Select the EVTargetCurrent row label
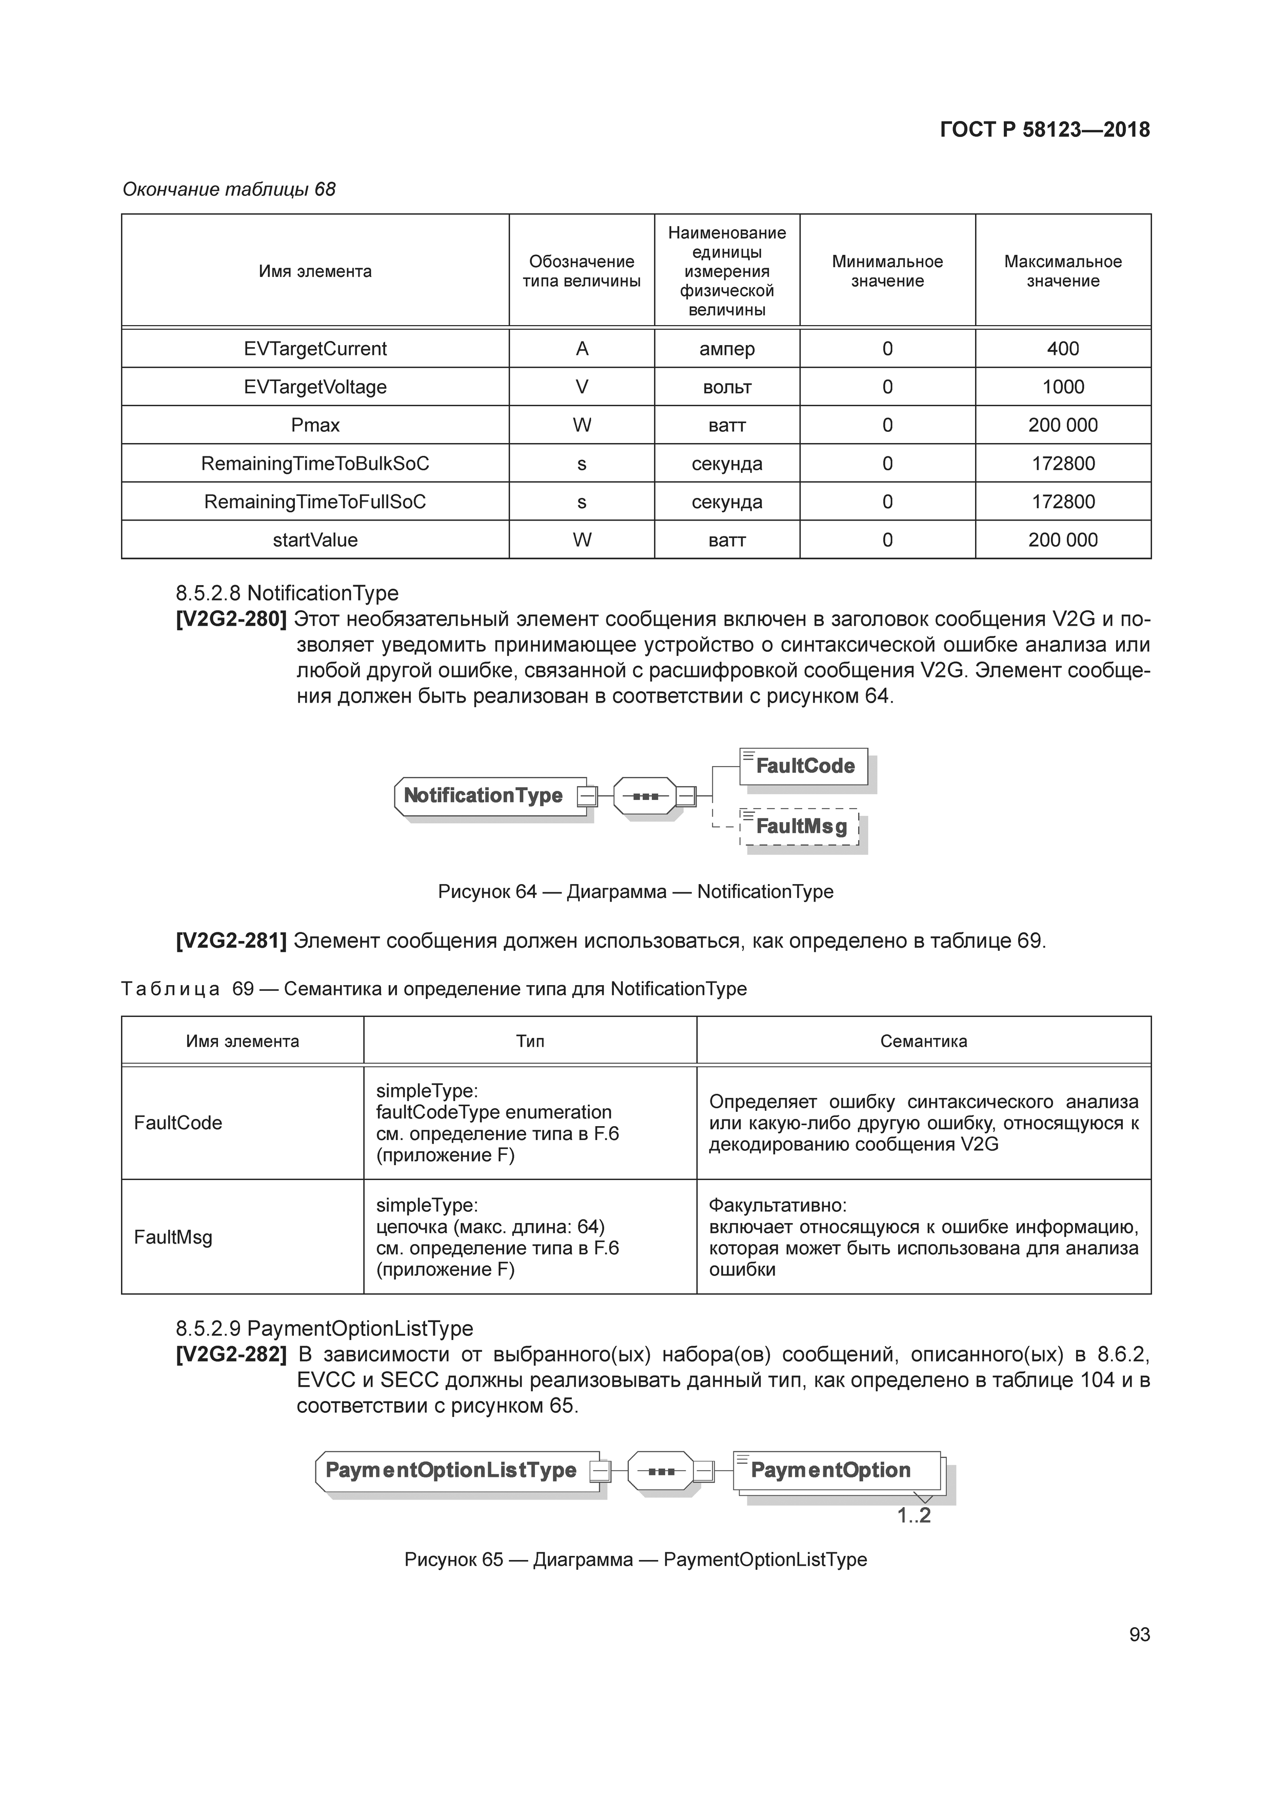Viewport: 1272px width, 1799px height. pos(315,349)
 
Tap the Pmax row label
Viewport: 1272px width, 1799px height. pos(315,426)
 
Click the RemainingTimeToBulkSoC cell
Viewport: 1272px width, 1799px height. pos(315,464)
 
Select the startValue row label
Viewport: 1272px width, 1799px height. pos(315,540)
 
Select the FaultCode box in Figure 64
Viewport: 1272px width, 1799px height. pos(804,766)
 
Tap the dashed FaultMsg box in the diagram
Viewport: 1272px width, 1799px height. pos(800,827)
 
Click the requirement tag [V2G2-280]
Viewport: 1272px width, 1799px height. pos(231,619)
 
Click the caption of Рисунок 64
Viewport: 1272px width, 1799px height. pos(635,892)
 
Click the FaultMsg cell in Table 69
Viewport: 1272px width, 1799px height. pos(173,1237)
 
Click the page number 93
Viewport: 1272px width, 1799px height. pos(1139,1634)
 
